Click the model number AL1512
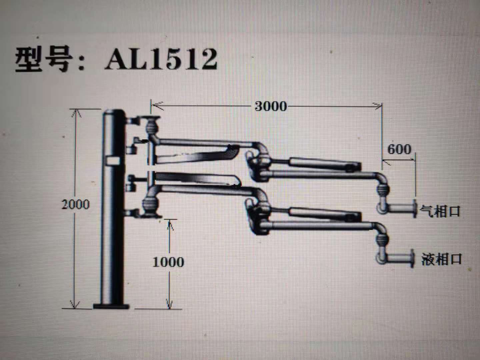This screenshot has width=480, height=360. click(x=161, y=59)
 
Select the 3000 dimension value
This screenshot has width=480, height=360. click(x=271, y=106)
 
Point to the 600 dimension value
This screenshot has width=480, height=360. click(x=399, y=150)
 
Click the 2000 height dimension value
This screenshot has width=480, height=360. click(x=76, y=205)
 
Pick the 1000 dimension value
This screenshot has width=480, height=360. click(x=168, y=262)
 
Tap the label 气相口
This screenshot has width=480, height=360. click(x=440, y=211)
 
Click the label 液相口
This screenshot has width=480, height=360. click(x=441, y=259)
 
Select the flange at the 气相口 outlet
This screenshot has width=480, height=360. click(x=414, y=208)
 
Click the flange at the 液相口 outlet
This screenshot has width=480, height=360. click(x=412, y=258)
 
